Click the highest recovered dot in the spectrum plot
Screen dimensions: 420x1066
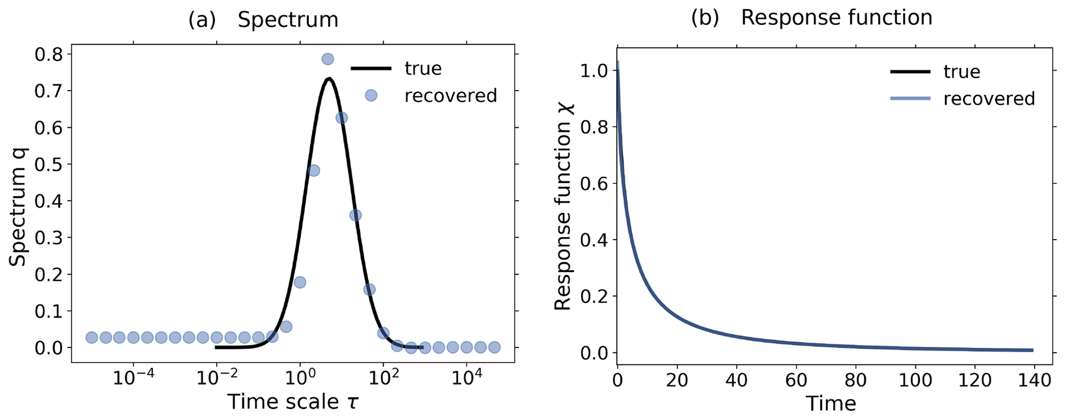click(327, 59)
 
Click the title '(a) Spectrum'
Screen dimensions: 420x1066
click(263, 20)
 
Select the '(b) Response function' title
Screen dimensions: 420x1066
click(811, 18)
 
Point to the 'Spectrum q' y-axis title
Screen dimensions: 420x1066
click(18, 206)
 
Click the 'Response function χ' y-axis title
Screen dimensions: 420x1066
click(563, 206)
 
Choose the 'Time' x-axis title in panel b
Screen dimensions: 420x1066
click(831, 404)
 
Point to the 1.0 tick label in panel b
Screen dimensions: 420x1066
click(594, 71)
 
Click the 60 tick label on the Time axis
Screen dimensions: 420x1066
click(796, 381)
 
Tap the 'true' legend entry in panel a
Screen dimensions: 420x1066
click(423, 69)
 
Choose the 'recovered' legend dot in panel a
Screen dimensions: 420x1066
click(371, 95)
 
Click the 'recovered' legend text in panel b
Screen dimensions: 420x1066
click(989, 98)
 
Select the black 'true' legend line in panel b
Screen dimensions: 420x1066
click(911, 72)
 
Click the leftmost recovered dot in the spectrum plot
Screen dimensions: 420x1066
click(92, 338)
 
